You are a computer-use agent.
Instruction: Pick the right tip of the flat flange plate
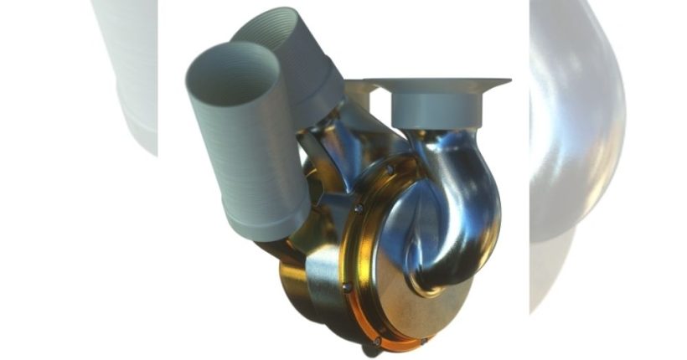click(507, 81)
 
